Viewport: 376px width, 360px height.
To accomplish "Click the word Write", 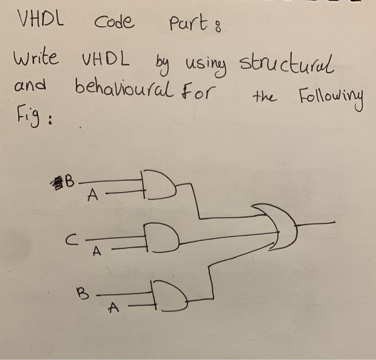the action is [37, 58].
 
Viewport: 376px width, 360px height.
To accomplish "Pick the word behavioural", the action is [124, 87].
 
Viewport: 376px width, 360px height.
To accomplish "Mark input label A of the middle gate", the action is [97, 251].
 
